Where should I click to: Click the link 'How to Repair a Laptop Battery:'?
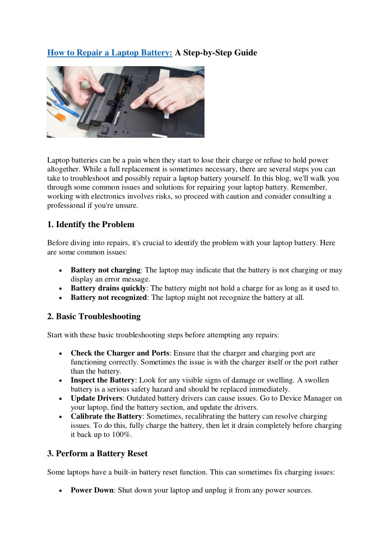coord(110,53)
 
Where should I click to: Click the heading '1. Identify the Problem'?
coord(91,224)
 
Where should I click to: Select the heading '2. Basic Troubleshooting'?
coord(94,316)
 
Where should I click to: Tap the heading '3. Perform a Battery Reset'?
coord(98,454)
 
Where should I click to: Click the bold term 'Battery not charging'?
coord(106,270)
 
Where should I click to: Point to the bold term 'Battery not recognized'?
coord(108,298)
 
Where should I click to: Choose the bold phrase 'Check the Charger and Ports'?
coord(120,353)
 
